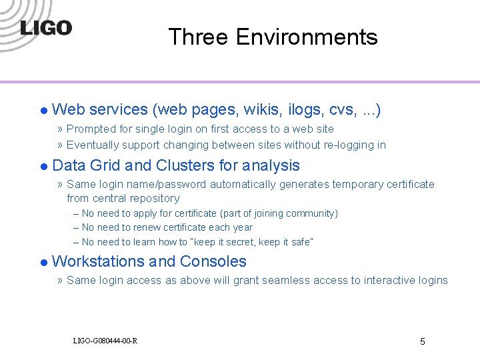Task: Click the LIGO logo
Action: pyautogui.click(x=45, y=28)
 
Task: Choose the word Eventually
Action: pyautogui.click(x=93, y=145)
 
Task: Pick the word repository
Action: pyautogui.click(x=154, y=198)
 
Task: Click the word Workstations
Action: pyautogui.click(x=98, y=261)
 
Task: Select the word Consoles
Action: pyautogui.click(x=213, y=261)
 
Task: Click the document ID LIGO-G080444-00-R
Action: pyautogui.click(x=105, y=341)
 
